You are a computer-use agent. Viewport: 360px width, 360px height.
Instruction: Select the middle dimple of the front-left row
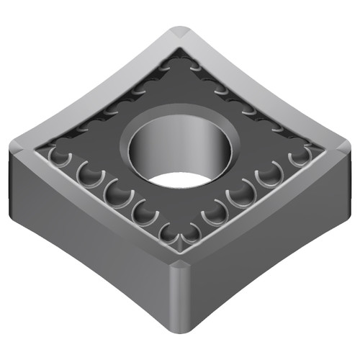(115, 191)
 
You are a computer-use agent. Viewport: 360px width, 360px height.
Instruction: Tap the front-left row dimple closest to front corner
(170, 232)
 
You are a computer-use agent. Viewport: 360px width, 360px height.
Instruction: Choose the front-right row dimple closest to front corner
(192, 232)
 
